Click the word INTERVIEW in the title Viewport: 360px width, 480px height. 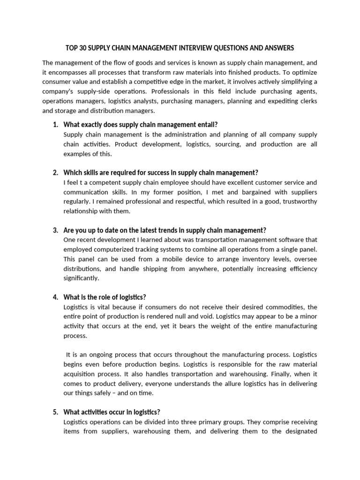(x=193, y=48)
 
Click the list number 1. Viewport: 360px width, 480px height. (x=55, y=124)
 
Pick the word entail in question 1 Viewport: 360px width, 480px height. (x=206, y=124)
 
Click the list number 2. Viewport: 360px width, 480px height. (x=55, y=172)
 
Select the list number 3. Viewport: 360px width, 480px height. (x=55, y=230)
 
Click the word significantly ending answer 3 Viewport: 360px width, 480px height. (x=81, y=278)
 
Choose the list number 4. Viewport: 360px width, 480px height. (x=55, y=297)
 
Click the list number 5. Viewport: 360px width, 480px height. (x=55, y=412)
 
